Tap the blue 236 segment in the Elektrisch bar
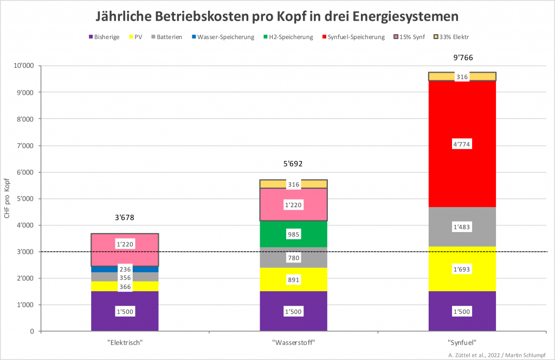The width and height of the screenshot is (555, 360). pos(125,269)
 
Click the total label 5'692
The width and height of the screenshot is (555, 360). pos(293,163)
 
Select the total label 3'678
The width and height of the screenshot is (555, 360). pos(125,217)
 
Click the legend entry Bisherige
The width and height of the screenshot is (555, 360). pos(105,37)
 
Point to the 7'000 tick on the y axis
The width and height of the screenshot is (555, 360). pos(25,145)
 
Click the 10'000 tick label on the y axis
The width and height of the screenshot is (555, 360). pos(23,66)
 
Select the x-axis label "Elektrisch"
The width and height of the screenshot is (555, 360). pos(125,343)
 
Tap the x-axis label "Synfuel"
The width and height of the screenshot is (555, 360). pos(462,343)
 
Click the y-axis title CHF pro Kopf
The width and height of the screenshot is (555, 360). pos(7,198)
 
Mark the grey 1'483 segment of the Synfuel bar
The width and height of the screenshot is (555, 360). pos(462,227)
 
